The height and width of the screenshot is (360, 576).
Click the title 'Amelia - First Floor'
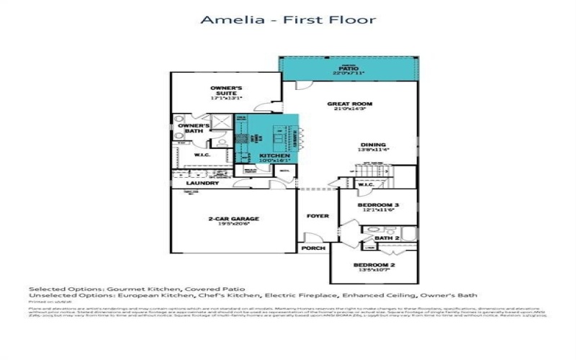[x=287, y=19]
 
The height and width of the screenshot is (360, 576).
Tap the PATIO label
[x=348, y=68]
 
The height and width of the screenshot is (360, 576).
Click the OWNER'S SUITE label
[x=226, y=89]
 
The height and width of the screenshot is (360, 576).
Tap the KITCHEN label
[x=274, y=156]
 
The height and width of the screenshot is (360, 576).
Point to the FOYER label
[x=318, y=215]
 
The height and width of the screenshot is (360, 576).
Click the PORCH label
[x=315, y=248]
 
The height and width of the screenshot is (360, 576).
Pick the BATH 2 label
[x=387, y=238]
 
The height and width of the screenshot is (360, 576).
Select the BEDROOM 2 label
[x=372, y=265]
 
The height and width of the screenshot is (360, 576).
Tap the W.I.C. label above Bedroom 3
[x=365, y=184]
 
